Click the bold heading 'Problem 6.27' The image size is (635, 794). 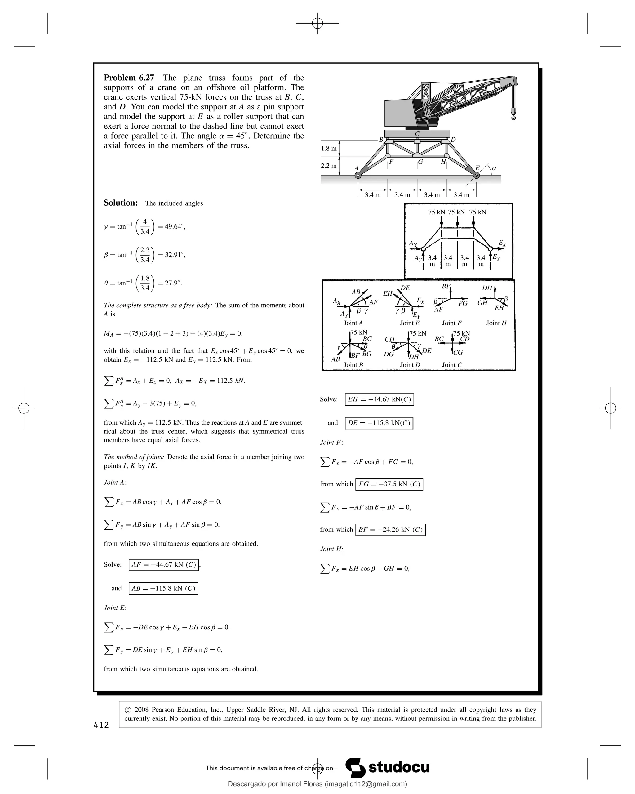click(129, 78)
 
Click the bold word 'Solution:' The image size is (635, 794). click(121, 203)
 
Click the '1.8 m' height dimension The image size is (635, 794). click(328, 149)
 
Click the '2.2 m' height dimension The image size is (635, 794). click(328, 166)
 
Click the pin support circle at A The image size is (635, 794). click(357, 176)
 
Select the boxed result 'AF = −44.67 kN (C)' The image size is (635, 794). click(164, 564)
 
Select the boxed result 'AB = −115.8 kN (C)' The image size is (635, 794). click(163, 588)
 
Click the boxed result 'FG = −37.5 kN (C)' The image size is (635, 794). click(389, 484)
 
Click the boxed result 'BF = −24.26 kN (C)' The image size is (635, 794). click(390, 529)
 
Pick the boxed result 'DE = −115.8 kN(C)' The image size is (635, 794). click(379, 423)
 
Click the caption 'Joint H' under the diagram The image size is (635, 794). click(496, 323)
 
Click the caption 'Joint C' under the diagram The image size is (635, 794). click(452, 365)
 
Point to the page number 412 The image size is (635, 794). click(101, 725)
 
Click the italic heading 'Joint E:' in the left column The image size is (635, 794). click(115, 608)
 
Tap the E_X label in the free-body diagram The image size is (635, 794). click(502, 243)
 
